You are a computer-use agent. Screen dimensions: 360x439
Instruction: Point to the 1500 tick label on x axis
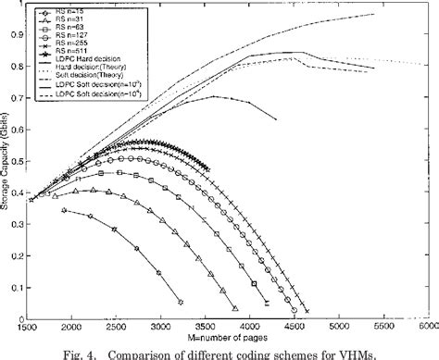tap(31, 329)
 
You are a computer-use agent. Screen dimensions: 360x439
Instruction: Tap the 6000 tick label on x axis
tap(424, 329)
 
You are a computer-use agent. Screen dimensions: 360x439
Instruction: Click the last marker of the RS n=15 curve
tap(181, 303)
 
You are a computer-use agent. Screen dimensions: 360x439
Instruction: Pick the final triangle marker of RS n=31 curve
tap(235, 308)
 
